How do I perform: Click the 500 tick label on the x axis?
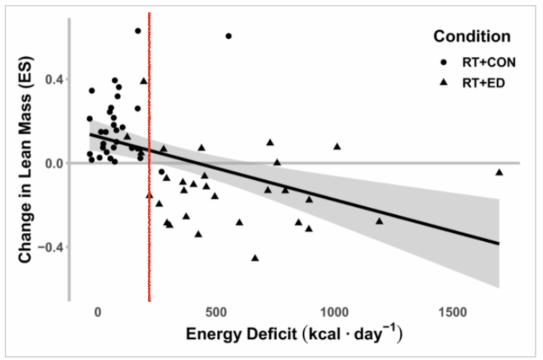(216, 313)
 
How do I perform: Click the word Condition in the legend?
(472, 37)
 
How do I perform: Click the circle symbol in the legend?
(444, 62)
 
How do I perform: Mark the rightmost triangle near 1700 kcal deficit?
(499, 172)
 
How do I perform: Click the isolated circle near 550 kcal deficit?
(229, 36)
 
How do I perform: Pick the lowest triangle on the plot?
(255, 258)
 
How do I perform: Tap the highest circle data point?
(138, 31)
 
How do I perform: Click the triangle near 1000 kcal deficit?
(337, 146)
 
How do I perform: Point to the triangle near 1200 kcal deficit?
(379, 221)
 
